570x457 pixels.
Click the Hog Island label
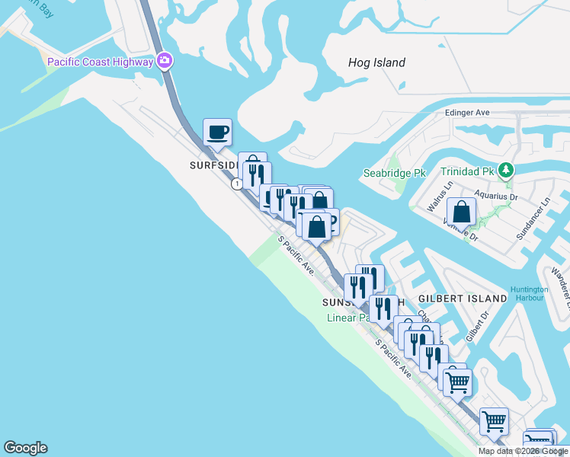[x=376, y=62]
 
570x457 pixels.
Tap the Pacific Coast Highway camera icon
[x=164, y=62]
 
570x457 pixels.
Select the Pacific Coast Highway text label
[x=100, y=62]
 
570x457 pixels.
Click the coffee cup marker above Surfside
[x=217, y=132]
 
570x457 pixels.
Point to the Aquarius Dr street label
[x=498, y=196]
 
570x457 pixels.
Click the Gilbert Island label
[x=463, y=299]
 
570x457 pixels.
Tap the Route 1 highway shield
[x=239, y=184]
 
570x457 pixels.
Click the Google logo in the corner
[x=25, y=448]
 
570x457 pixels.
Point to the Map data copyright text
[x=523, y=451]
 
